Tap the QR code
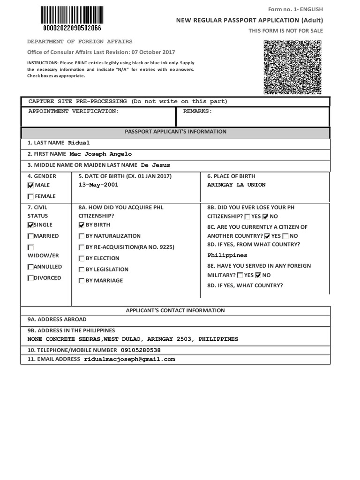(x=292, y=67)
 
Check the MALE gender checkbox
(x=31, y=186)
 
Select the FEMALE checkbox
(x=31, y=197)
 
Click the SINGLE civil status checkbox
(x=31, y=225)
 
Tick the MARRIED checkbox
(x=31, y=236)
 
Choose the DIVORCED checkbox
(x=31, y=278)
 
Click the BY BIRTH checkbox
(x=82, y=225)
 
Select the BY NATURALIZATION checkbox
(x=82, y=236)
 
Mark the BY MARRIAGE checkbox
(x=82, y=281)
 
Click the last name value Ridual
(x=79, y=143)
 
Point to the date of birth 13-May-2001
(x=98, y=185)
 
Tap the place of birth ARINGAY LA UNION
(x=236, y=185)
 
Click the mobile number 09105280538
(x=141, y=350)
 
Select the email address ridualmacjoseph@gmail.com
(x=129, y=360)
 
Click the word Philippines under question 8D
(x=227, y=255)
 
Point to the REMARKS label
(x=197, y=112)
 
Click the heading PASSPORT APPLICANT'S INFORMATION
(x=175, y=132)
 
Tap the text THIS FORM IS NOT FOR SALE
(x=285, y=31)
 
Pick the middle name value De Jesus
(x=155, y=165)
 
